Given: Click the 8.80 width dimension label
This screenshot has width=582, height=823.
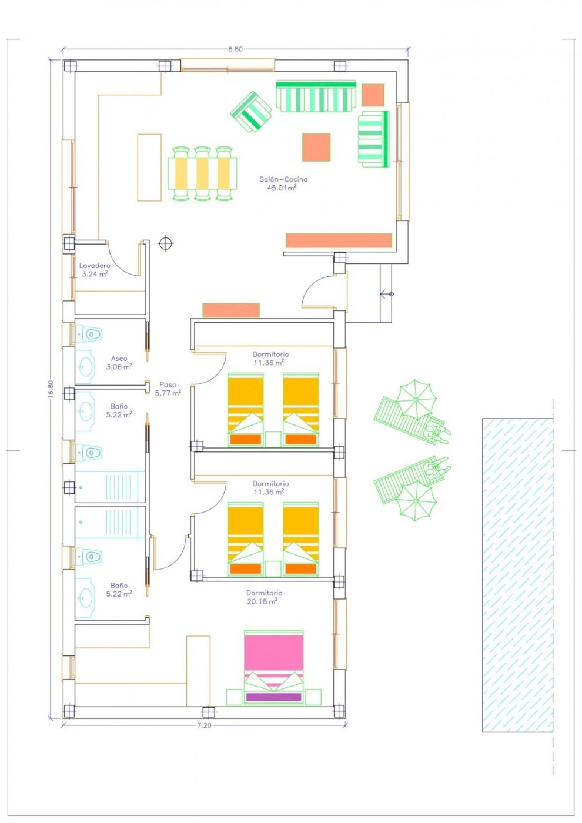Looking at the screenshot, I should tap(235, 49).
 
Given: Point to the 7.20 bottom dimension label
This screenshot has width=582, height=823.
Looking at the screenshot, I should tap(204, 725).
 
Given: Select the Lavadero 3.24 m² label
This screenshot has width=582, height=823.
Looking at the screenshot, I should tap(95, 270).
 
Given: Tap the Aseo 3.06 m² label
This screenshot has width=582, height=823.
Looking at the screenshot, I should tap(119, 362).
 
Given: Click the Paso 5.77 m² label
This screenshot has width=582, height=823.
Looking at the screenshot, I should tap(168, 389).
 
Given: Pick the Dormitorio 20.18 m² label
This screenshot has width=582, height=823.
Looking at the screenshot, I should tap(264, 597).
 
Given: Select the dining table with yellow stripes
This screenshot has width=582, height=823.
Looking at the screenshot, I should tap(202, 173).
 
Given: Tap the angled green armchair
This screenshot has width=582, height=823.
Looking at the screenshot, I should tap(251, 112).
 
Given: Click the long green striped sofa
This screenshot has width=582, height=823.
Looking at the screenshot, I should tap(316, 96).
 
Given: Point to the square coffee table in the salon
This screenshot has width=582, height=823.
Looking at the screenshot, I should tap(316, 147).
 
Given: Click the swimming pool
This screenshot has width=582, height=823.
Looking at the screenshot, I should tap(517, 575).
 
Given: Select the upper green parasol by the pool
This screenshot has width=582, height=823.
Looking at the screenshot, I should tap(416, 398).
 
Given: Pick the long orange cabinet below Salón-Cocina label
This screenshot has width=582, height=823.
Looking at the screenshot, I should tap(339, 240).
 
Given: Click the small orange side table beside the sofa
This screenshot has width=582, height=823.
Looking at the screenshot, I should tap(373, 95).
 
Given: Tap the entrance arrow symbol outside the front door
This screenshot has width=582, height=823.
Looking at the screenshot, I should tap(386, 293).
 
